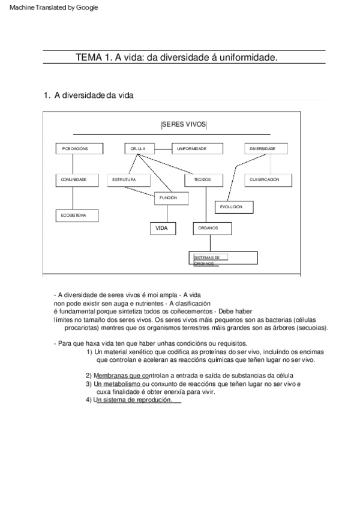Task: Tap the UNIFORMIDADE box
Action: click(x=197, y=149)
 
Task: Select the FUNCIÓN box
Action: click(x=170, y=197)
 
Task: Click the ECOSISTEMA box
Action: click(x=77, y=215)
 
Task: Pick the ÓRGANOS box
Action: click(x=211, y=228)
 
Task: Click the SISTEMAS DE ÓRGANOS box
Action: click(x=223, y=258)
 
